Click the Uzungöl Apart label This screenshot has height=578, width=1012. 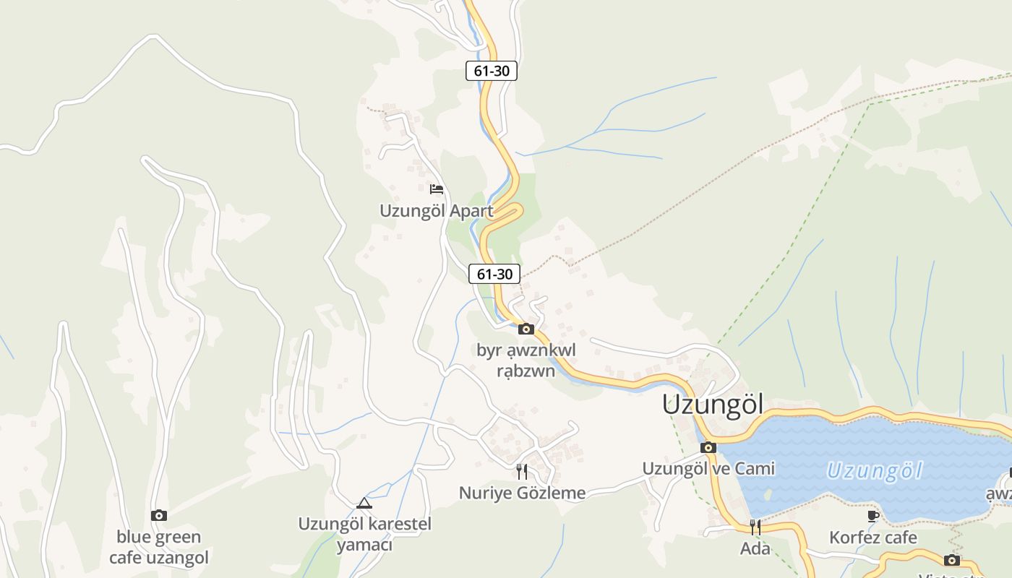[x=437, y=211]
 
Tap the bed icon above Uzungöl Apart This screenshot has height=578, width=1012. [x=437, y=189]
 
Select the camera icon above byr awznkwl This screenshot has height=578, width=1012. [x=526, y=329]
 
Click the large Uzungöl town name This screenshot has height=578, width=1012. [x=713, y=405]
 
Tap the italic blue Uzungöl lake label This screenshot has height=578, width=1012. [x=875, y=471]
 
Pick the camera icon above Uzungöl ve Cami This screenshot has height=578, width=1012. [x=708, y=448]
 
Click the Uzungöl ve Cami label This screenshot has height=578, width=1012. [x=708, y=469]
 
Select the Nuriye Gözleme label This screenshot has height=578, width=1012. [x=522, y=493]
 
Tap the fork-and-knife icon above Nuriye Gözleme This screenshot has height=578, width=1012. [x=522, y=472]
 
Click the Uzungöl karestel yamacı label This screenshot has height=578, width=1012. [x=364, y=534]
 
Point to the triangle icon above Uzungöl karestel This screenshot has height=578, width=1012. [x=364, y=503]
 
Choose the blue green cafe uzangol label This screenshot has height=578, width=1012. [x=159, y=547]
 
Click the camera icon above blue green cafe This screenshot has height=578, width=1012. [x=159, y=515]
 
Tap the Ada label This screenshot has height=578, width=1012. [x=755, y=548]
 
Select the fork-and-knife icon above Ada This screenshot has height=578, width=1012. [x=755, y=527]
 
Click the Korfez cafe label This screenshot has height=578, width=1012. [x=873, y=538]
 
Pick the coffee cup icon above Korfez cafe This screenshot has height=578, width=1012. [x=873, y=516]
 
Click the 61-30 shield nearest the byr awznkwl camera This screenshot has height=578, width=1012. [x=494, y=274]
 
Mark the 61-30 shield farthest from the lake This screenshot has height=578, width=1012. [x=492, y=71]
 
